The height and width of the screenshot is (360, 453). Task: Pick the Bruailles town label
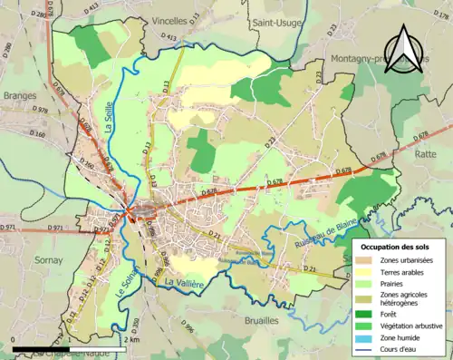pyautogui.click(x=235, y=320)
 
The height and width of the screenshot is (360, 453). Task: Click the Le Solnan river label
pyautogui.click(x=128, y=271)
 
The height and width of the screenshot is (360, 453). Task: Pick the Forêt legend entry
pyautogui.click(x=395, y=314)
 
